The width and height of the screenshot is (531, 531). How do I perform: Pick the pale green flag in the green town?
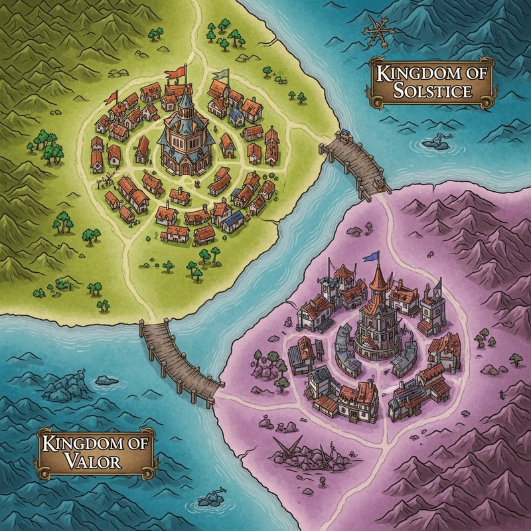(x=220, y=78)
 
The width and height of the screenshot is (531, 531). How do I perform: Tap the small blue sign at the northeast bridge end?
(x=344, y=135)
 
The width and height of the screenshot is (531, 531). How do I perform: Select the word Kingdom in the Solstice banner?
(x=433, y=74)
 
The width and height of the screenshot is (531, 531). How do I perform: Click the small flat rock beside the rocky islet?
(x=106, y=380)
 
